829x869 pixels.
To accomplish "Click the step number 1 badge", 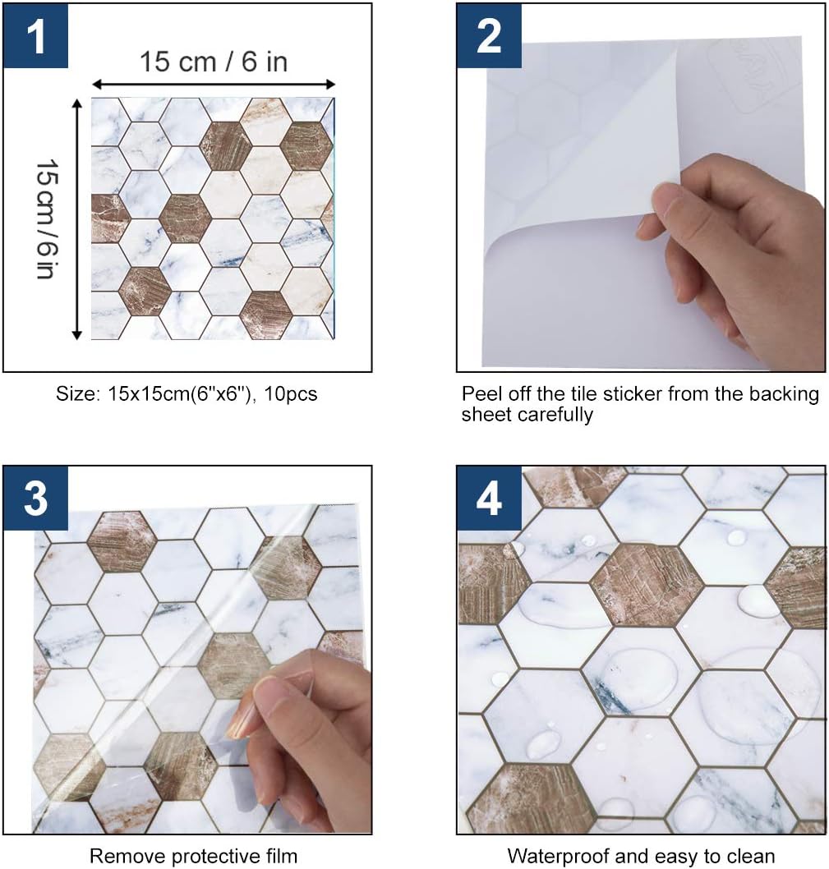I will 35,36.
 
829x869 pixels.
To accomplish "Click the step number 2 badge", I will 489,36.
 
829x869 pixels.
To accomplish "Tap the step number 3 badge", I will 35,499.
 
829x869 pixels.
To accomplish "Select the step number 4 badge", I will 489,499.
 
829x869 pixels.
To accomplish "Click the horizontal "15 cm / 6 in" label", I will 213,62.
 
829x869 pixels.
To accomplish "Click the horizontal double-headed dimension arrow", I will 213,84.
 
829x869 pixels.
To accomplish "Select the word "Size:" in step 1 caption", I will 77,394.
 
